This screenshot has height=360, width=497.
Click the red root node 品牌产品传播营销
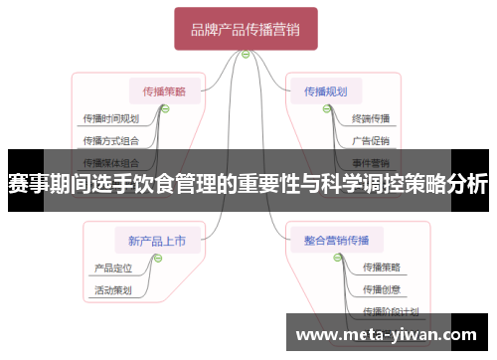246,30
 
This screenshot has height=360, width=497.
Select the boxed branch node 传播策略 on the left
164,91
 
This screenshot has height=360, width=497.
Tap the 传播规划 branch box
325,91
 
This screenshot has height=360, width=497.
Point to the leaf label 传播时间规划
109,118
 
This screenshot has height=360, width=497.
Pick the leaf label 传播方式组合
109,140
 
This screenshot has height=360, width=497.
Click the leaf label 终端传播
371,118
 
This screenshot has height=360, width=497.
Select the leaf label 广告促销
371,140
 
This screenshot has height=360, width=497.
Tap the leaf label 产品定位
112,267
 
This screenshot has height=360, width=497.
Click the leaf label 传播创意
381,289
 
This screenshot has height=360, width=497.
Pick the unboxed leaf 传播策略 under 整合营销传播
381,267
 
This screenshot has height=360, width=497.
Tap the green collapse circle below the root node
246,55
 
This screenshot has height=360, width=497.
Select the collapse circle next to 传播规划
325,109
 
